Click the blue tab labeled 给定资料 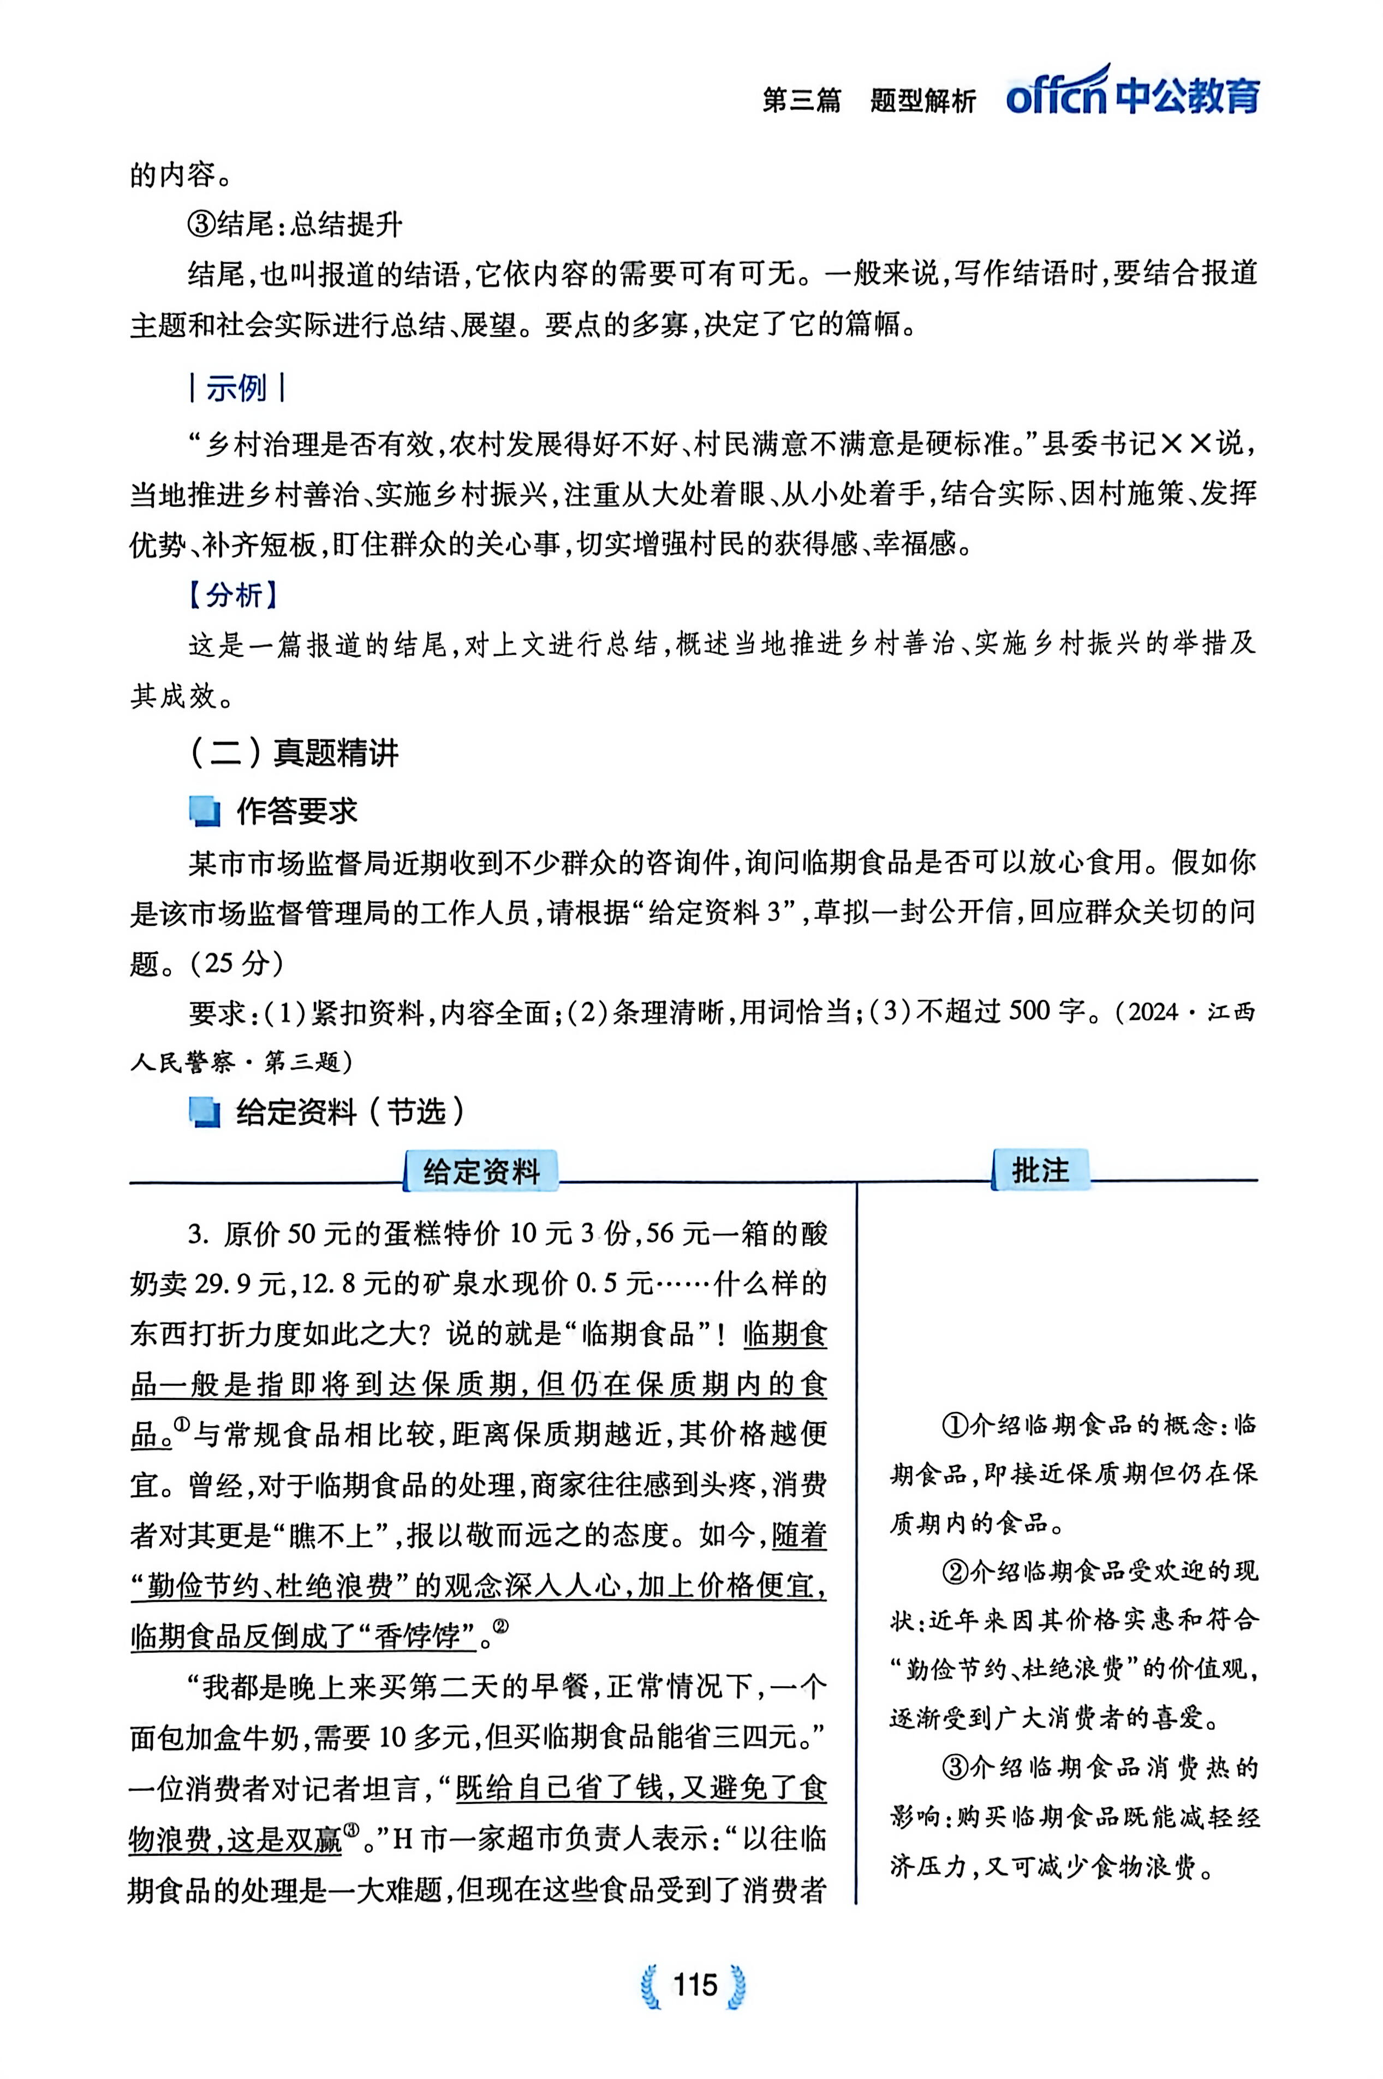click(481, 1172)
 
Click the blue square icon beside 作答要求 click(205, 811)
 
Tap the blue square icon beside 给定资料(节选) click(205, 1112)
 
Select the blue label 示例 click(236, 388)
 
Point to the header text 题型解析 click(922, 100)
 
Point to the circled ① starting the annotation click(955, 1424)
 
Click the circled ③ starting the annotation click(955, 1768)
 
